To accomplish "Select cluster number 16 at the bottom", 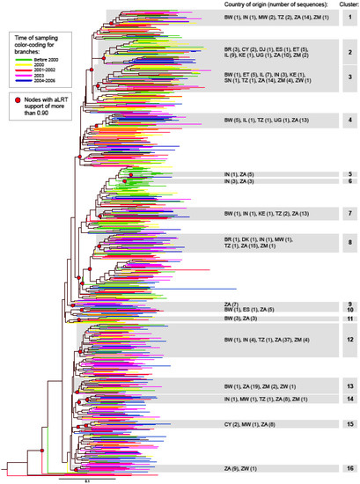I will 349,469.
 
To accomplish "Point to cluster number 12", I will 349,340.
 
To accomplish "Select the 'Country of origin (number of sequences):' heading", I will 269,5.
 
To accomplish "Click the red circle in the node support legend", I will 16,101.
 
